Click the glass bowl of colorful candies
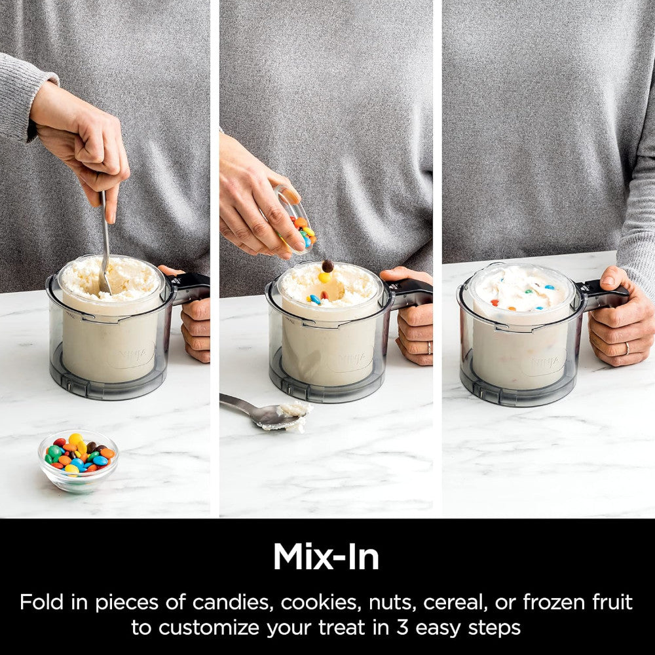click(x=78, y=460)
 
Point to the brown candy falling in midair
click(x=327, y=266)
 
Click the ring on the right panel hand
click(x=627, y=348)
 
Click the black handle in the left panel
click(x=191, y=287)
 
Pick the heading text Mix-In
click(x=326, y=556)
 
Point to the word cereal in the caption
click(x=455, y=602)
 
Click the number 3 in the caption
click(x=402, y=627)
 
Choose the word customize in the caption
click(x=209, y=627)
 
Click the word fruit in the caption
click(x=613, y=602)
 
